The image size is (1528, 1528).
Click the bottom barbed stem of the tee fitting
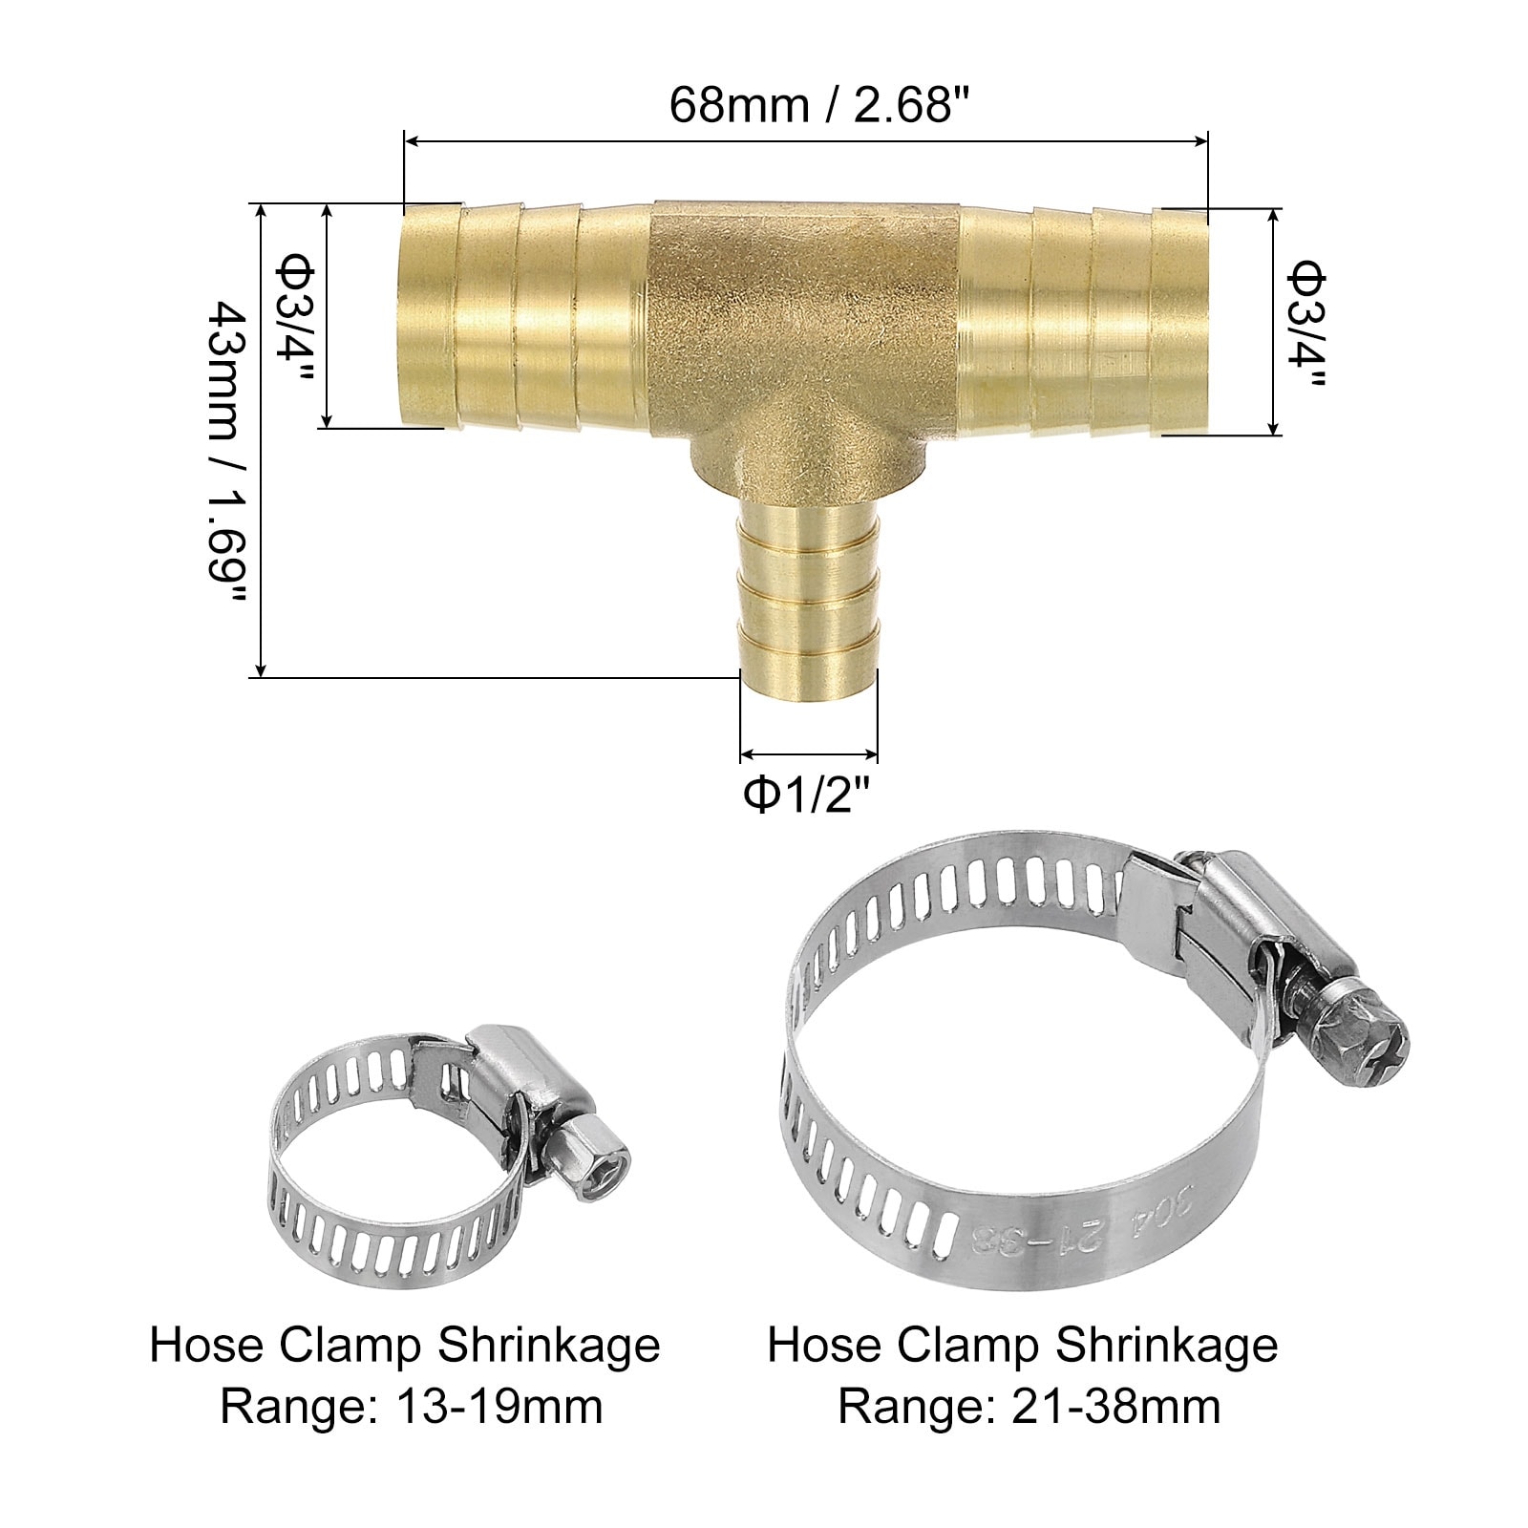809,592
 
